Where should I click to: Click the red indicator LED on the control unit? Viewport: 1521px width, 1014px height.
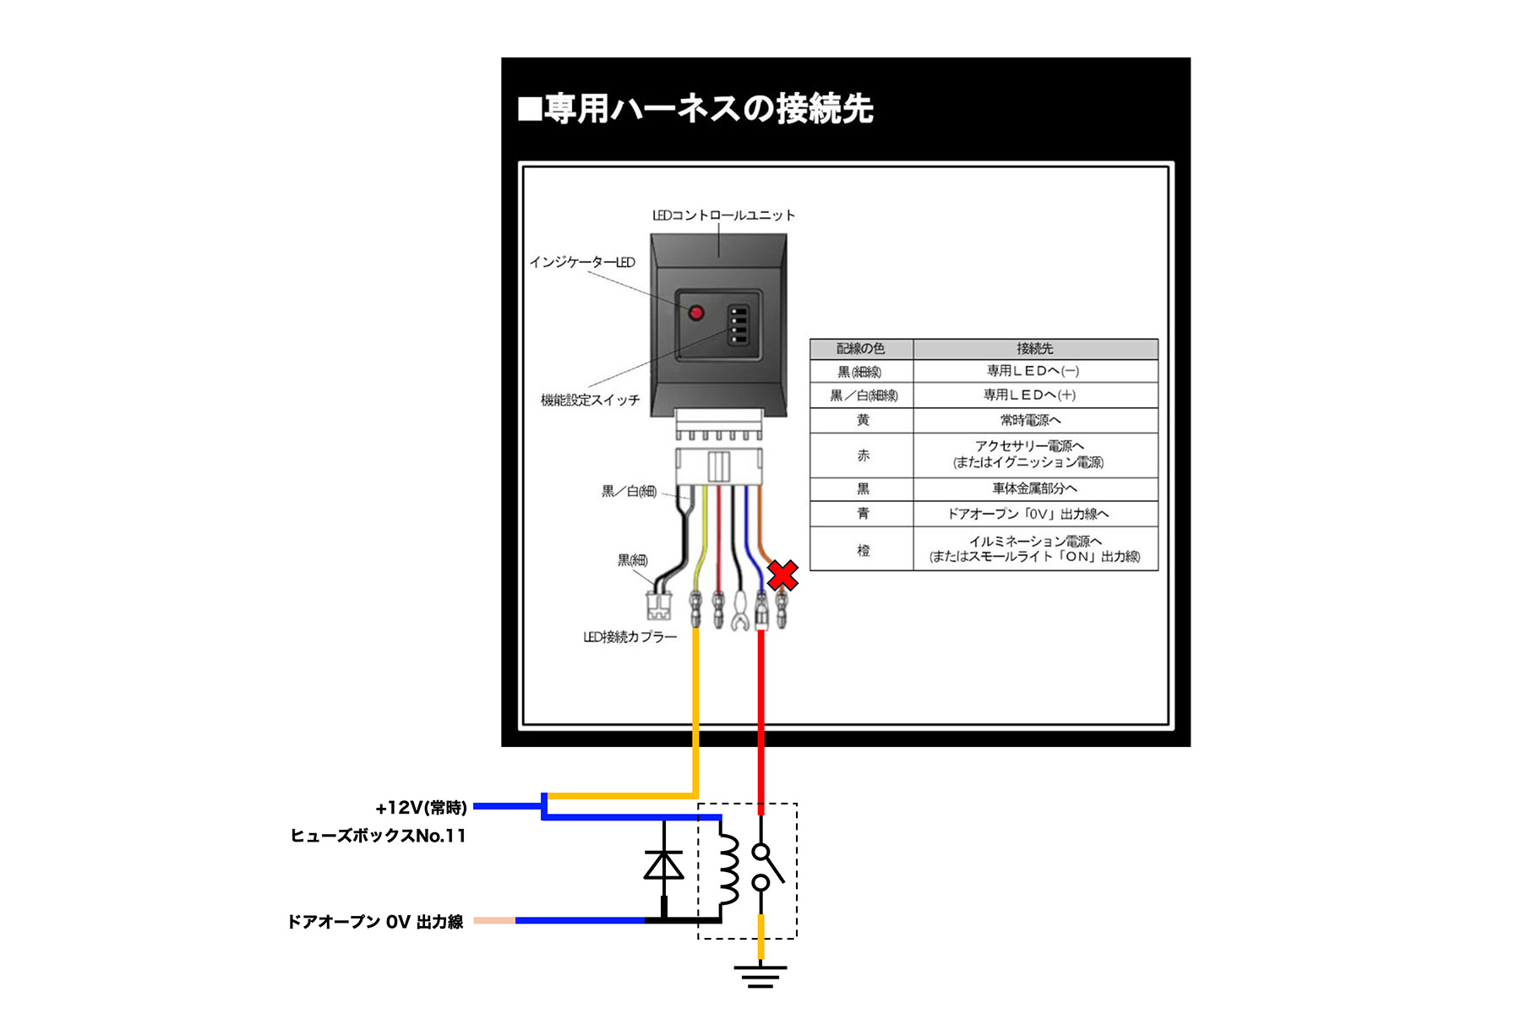696,313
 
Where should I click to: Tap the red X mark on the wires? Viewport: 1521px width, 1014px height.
782,575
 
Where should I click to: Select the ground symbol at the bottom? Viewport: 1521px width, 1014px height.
760,976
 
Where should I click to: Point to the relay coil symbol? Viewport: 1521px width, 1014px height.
728,870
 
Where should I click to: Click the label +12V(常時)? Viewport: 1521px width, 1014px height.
421,808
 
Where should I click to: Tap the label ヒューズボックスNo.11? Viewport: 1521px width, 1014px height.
378,836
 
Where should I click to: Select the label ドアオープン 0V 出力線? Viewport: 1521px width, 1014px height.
375,921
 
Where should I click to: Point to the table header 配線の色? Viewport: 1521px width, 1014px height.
861,349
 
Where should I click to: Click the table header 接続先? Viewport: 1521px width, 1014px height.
1034,349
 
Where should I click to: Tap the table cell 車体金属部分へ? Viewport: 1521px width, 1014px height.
1034,488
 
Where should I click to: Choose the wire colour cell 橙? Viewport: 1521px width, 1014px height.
863,550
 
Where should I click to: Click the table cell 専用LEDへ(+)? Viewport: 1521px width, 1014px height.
1029,395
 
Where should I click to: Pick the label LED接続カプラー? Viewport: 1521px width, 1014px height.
630,637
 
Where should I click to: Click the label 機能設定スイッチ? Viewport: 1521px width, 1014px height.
590,400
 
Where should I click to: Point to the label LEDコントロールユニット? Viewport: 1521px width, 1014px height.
723,215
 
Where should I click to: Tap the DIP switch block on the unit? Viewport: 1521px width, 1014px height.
739,324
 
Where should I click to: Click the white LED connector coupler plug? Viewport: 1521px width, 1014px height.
658,605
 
